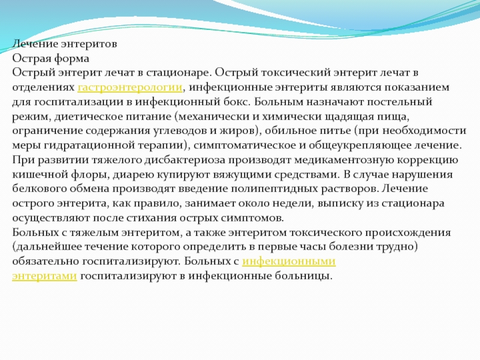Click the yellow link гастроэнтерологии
130,88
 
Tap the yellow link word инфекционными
289,262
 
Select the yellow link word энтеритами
44,276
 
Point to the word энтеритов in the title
89,44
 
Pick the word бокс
237,101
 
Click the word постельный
400,101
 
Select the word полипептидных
274,189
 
